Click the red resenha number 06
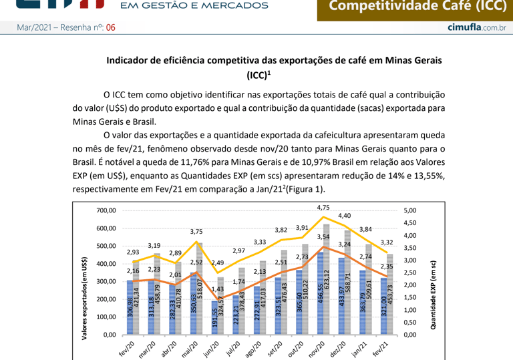pyautogui.click(x=111, y=27)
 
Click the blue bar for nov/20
pyautogui.click(x=320, y=294)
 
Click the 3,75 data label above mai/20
pyautogui.click(x=196, y=232)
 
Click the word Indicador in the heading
pyautogui.click(x=129, y=60)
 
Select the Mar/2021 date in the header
pyautogui.click(x=30, y=27)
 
